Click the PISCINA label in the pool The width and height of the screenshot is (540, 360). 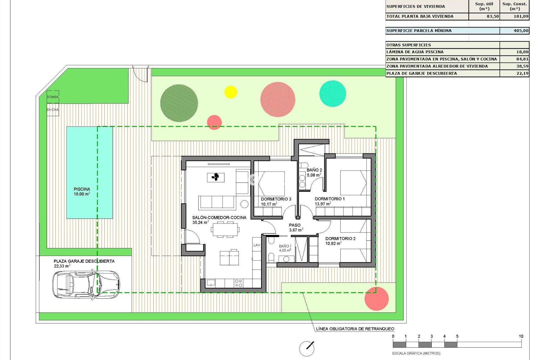click(x=82, y=189)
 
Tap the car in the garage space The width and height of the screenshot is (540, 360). click(x=86, y=284)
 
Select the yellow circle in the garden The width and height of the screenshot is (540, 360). click(x=231, y=92)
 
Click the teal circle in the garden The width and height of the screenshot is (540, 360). click(x=333, y=93)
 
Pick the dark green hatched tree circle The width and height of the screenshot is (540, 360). click(x=179, y=103)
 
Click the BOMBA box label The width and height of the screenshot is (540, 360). click(x=53, y=97)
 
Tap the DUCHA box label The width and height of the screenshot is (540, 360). click(x=53, y=110)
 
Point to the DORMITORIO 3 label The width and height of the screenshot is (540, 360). click(x=276, y=199)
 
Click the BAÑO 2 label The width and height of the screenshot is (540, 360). click(x=314, y=170)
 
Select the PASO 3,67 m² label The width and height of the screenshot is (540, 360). click(x=295, y=228)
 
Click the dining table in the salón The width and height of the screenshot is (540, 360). click(x=225, y=229)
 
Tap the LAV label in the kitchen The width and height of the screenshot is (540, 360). click(x=257, y=245)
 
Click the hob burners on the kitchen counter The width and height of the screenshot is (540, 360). click(x=238, y=283)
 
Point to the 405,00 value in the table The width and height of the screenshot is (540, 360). click(x=521, y=31)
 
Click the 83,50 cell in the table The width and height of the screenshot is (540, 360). click(x=493, y=16)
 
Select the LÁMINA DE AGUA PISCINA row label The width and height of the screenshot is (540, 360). click(x=415, y=52)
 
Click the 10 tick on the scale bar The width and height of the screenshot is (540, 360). click(x=521, y=336)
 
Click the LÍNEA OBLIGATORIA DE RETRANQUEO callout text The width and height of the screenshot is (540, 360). click(x=355, y=329)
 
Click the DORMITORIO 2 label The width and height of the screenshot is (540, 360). click(x=340, y=239)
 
